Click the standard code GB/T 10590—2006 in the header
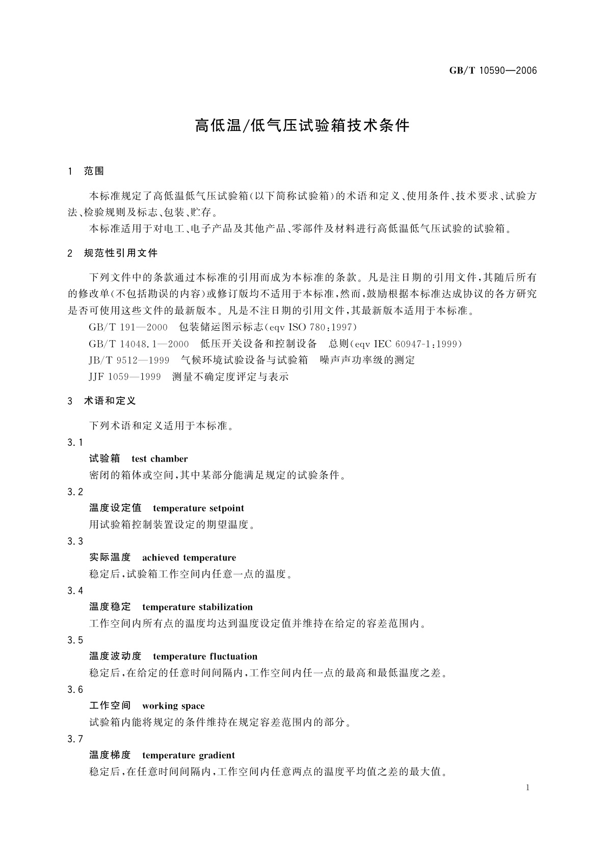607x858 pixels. click(493, 71)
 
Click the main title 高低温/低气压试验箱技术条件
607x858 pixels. click(302, 126)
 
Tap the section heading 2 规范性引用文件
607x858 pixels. click(113, 253)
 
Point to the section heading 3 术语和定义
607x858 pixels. click(101, 401)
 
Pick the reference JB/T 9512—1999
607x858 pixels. click(129, 360)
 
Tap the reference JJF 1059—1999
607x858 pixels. click(125, 377)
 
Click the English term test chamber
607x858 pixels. click(160, 459)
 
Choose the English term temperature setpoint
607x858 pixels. click(198, 508)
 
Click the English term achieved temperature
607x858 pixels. click(189, 558)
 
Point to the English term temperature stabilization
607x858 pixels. click(197, 607)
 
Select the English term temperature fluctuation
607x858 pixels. click(205, 657)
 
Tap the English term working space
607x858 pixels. click(173, 706)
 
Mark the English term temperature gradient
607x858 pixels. click(189, 756)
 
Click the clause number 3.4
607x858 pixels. click(75, 591)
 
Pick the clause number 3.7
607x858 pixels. click(75, 739)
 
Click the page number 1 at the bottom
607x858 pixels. click(527, 788)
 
